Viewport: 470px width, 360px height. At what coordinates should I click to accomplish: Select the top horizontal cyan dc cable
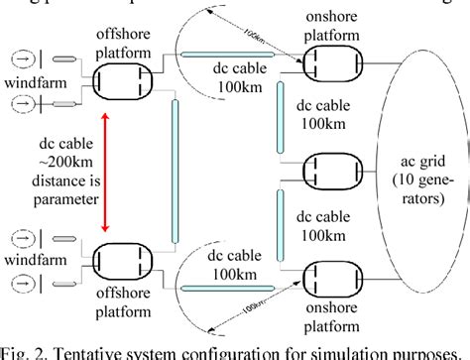tap(228, 58)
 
